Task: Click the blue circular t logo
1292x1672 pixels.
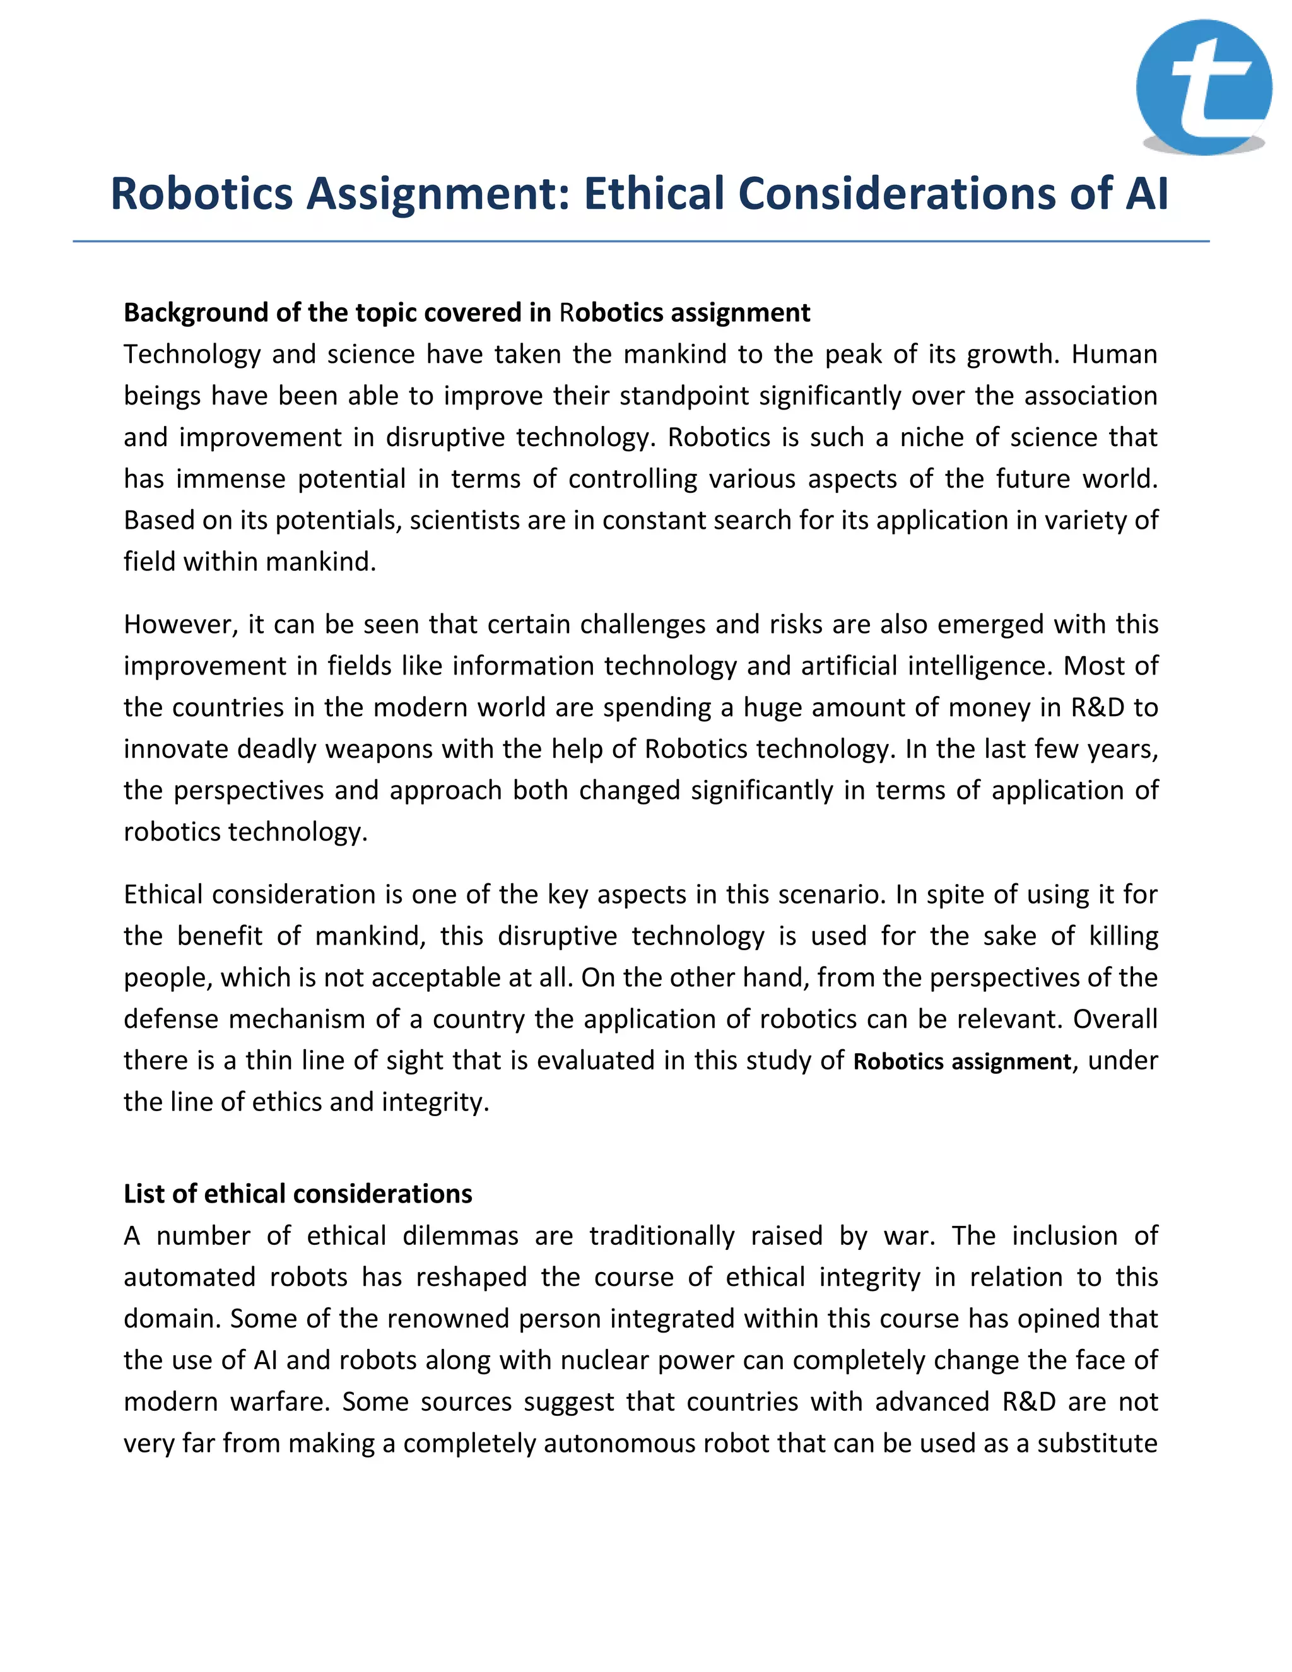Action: click(1203, 87)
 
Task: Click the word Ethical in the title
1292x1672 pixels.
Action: click(654, 193)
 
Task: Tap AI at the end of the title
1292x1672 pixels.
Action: click(1146, 193)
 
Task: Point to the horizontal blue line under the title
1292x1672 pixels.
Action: click(642, 241)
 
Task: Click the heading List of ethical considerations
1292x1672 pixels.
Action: click(298, 1194)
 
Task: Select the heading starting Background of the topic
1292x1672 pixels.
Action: click(467, 312)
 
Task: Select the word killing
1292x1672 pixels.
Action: click(1123, 936)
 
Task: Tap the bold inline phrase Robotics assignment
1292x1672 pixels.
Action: click(962, 1062)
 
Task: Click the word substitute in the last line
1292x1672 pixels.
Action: click(1097, 1443)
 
